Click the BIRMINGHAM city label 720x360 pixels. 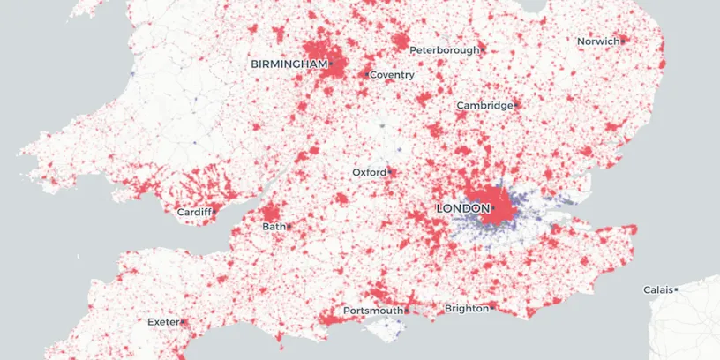click(x=289, y=64)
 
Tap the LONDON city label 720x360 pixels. click(x=462, y=208)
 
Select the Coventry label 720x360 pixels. click(x=393, y=75)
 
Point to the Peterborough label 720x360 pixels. click(x=445, y=50)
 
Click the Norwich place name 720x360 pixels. click(x=597, y=41)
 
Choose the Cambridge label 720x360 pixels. click(x=484, y=106)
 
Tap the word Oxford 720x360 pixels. click(x=369, y=172)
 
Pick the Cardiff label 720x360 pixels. click(x=193, y=213)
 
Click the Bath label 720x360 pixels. click(x=274, y=227)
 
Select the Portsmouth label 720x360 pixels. click(x=372, y=311)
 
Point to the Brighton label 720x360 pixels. click(x=466, y=309)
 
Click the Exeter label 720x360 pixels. click(x=163, y=322)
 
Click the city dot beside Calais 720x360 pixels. click(x=676, y=289)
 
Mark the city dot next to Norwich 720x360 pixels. click(x=622, y=41)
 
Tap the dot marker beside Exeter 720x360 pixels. click(x=183, y=322)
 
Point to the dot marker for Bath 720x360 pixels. click(x=289, y=227)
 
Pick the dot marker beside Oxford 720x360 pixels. click(x=389, y=172)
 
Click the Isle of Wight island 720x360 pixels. click(x=385, y=328)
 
